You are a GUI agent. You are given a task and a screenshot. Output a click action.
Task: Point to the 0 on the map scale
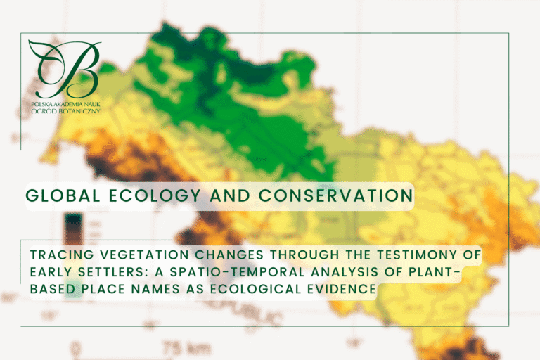77,348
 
